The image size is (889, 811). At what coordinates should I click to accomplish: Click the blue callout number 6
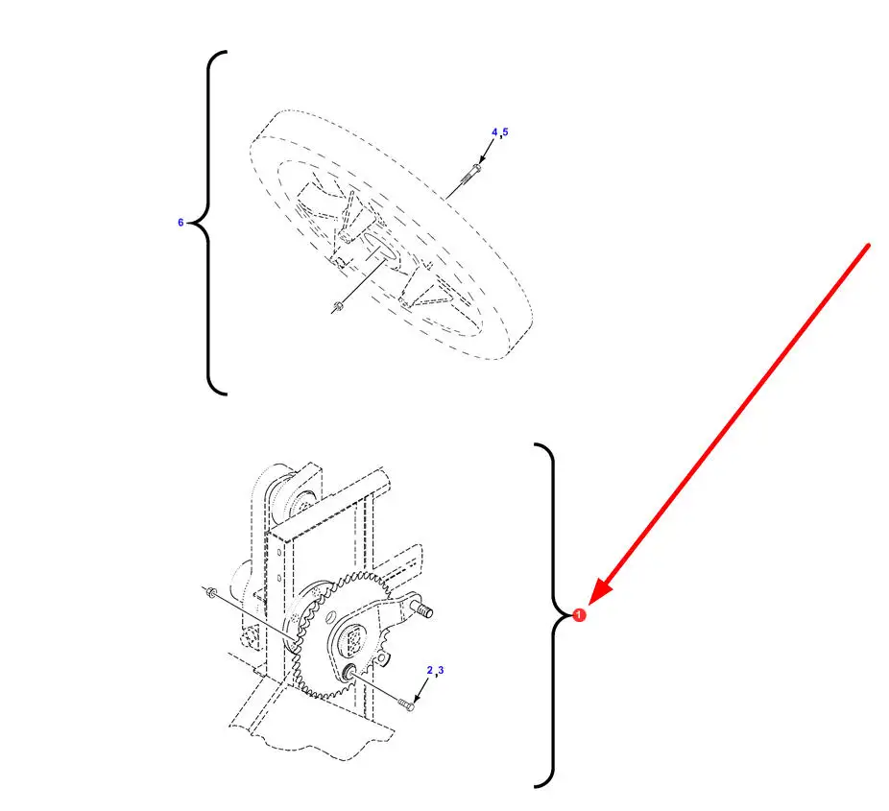coord(180,222)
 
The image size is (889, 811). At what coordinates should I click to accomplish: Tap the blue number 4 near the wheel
coord(494,132)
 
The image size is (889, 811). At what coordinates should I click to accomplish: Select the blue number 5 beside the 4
coord(505,132)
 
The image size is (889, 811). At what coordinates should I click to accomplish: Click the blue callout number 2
coord(430,670)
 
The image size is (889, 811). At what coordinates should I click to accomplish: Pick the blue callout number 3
coord(441,670)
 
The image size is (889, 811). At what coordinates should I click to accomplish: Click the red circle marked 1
coord(578,614)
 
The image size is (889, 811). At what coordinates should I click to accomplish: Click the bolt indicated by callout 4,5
coord(470,173)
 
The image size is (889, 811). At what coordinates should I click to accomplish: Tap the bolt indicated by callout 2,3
coord(406,704)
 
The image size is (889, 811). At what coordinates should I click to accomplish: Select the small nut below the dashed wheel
coord(338,307)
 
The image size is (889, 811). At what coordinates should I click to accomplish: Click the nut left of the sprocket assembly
coord(211,593)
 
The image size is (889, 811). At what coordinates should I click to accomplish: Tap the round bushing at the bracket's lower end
coord(348,672)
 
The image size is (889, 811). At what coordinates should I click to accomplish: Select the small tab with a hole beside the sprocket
coord(383,658)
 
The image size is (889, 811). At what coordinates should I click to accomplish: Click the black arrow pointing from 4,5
coord(486,152)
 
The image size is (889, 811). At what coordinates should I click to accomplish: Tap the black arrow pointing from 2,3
coord(420,690)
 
